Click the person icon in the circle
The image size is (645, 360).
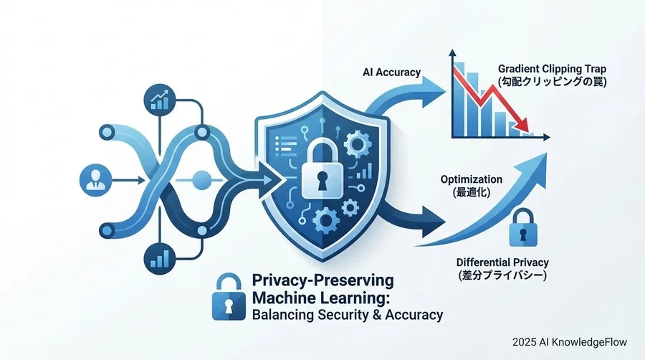95,180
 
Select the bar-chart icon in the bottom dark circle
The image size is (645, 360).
160,259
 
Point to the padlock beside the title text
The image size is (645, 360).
226,297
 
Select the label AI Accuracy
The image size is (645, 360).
391,72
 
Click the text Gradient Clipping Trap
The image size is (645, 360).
552,69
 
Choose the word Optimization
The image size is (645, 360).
472,179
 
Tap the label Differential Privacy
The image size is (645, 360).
502,262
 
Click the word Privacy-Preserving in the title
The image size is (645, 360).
323,280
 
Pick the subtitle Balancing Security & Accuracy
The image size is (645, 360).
348,315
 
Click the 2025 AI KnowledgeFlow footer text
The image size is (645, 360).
570,342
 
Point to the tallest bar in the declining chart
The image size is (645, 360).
460,99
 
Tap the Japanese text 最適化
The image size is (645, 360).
472,192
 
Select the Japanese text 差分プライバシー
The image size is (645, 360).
502,275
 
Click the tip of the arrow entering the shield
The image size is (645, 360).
283,180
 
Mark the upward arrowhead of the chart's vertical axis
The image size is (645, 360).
452,52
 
